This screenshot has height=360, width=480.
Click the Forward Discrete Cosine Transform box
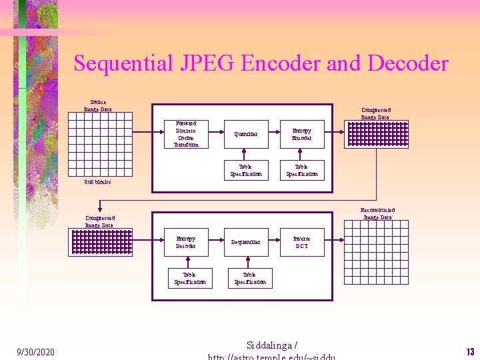click(186, 134)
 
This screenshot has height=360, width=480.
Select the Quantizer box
click(245, 134)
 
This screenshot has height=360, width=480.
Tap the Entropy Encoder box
click(301, 134)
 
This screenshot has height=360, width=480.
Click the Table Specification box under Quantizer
click(245, 170)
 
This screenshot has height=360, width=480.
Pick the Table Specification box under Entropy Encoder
click(301, 170)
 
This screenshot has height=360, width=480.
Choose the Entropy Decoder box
click(186, 242)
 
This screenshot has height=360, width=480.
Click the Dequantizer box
click(245, 242)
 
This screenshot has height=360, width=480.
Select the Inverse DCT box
click(301, 242)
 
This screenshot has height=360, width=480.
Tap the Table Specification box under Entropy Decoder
click(189, 278)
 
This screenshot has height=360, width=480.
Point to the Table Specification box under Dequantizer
click(249, 278)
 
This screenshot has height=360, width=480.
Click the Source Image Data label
click(97, 105)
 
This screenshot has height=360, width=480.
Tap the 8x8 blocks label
click(97, 181)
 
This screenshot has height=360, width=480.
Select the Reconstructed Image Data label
click(377, 213)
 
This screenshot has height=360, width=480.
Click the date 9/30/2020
click(35, 351)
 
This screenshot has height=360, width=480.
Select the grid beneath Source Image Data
click(97, 144)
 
